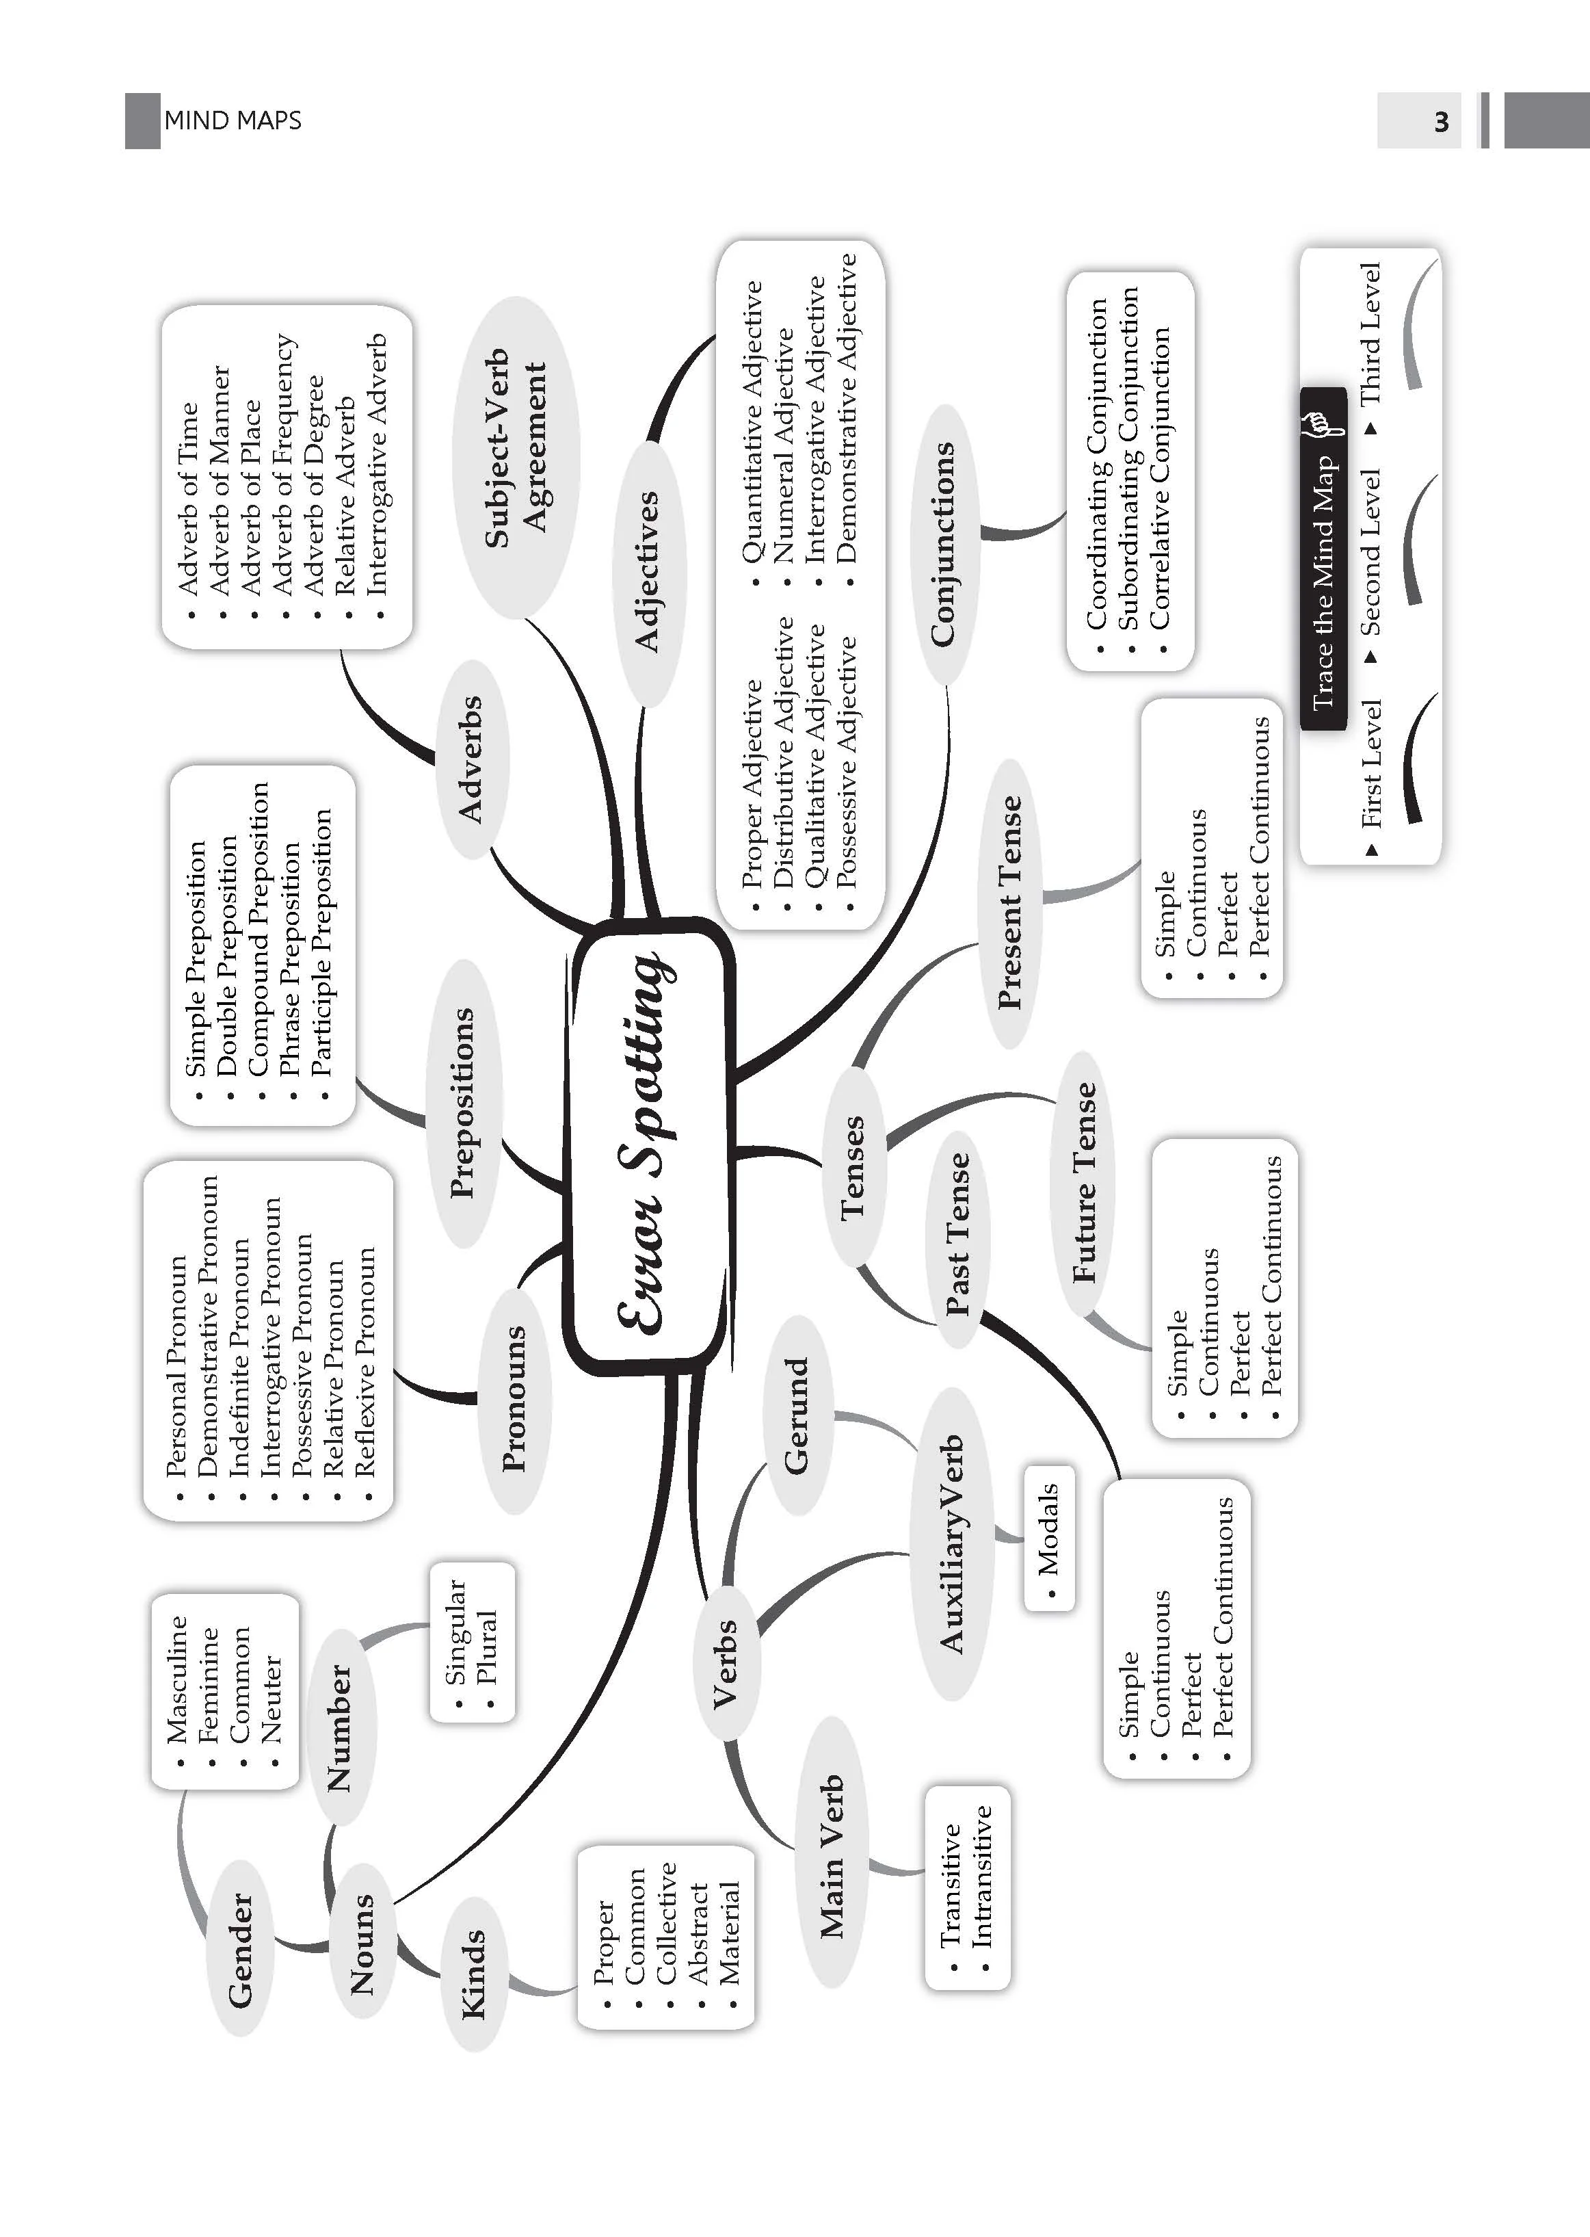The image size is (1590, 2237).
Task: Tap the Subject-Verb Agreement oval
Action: tap(516, 458)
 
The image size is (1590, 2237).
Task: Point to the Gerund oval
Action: tap(798, 1414)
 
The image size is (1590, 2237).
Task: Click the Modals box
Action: tap(1048, 1539)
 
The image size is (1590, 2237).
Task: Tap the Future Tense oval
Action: tap(1084, 1182)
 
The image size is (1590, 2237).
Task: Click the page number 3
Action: tap(1441, 122)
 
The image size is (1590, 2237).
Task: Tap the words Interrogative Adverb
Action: tap(377, 465)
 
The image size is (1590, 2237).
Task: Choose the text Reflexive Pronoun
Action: tap(365, 1361)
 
